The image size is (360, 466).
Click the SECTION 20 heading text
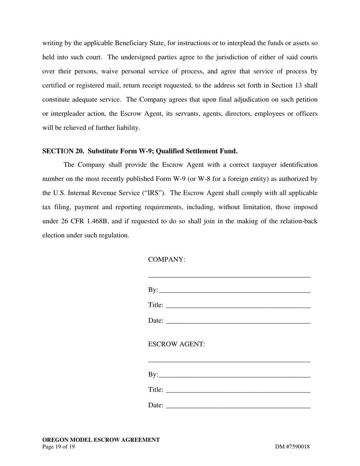[140, 151]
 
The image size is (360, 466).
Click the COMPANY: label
[167, 260]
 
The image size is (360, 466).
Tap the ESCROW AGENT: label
[177, 344]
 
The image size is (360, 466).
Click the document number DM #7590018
[292, 447]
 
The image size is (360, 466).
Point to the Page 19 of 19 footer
[58, 447]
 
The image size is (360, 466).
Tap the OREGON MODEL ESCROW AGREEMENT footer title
[101, 440]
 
